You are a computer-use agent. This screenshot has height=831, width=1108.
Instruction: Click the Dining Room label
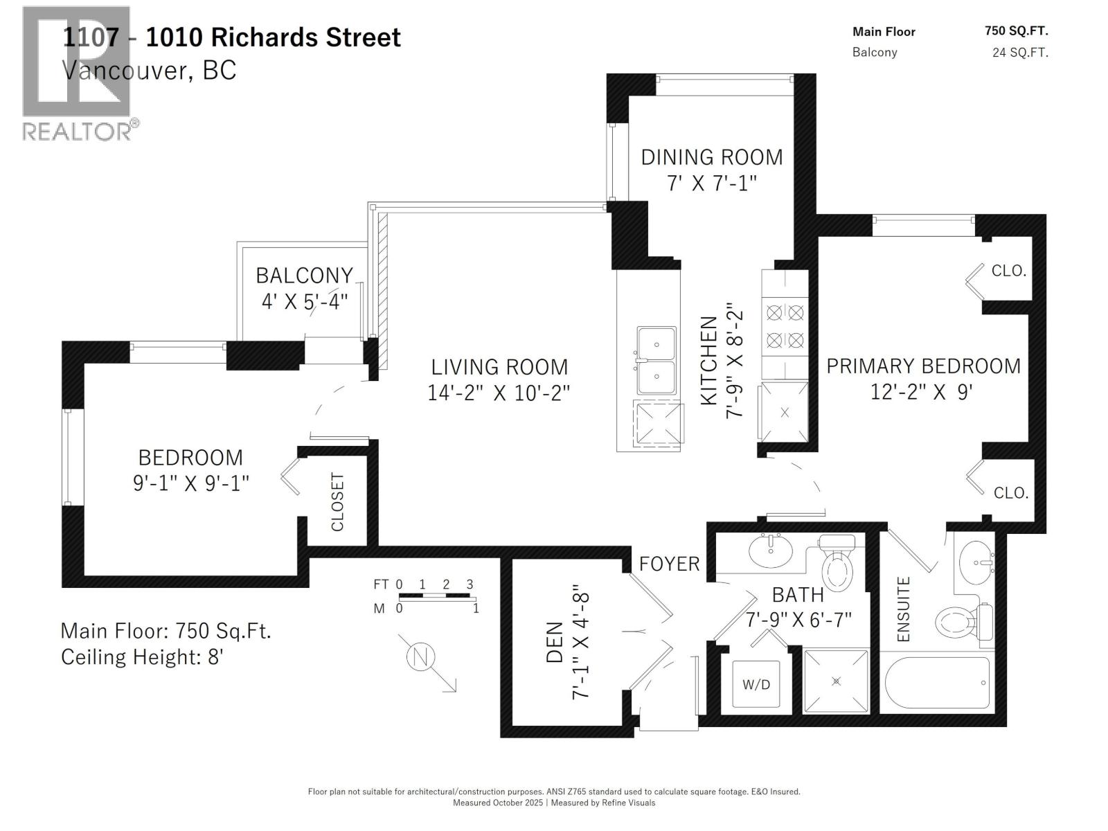point(712,157)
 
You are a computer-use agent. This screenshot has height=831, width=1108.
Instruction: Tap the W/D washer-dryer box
point(756,685)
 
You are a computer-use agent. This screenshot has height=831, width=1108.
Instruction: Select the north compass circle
point(420,656)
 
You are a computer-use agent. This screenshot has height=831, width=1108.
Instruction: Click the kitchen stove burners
point(785,326)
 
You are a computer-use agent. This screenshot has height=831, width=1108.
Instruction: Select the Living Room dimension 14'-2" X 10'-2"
point(499,393)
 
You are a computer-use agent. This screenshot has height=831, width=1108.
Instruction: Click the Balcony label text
point(304,276)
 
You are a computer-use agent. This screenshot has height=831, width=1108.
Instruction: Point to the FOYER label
point(669,564)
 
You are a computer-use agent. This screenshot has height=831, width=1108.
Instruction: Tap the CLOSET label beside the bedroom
point(338,501)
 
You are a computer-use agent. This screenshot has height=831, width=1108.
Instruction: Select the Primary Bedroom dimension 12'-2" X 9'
point(922,392)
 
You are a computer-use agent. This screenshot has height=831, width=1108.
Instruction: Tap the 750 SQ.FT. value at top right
point(1016,31)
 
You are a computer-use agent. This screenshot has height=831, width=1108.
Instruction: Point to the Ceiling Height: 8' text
point(141,656)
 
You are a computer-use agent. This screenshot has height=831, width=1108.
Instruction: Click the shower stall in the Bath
point(836,681)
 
